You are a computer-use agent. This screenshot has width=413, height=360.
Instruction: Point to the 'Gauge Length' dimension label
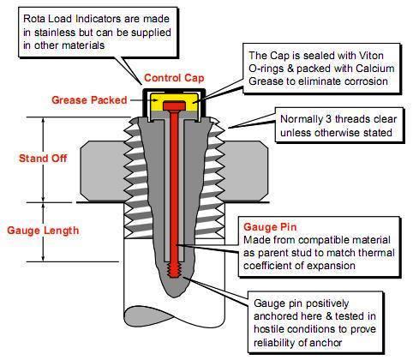pyautogui.click(x=44, y=230)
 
